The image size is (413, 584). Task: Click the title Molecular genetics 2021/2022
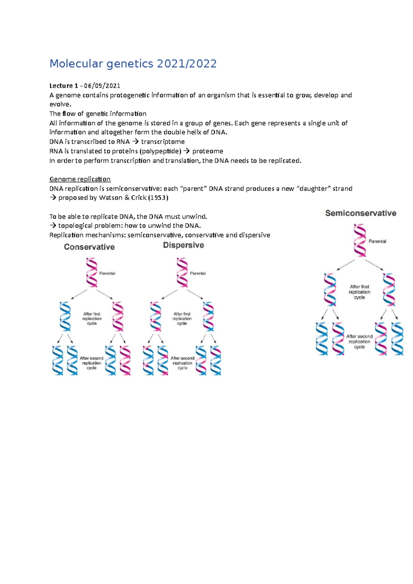(x=133, y=64)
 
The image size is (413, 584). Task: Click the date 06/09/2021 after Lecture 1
(x=100, y=86)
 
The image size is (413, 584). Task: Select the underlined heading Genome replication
(x=80, y=179)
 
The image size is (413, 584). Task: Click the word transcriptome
(x=163, y=142)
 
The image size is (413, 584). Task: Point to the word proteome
(x=208, y=151)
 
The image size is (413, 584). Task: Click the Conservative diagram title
(x=89, y=247)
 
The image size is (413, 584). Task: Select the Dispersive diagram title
(x=183, y=245)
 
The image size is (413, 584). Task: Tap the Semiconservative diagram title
(x=361, y=213)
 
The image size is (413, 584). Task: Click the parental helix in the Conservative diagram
(x=92, y=272)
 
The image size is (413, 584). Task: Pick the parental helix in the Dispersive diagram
(x=182, y=272)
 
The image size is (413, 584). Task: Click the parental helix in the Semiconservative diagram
(x=360, y=240)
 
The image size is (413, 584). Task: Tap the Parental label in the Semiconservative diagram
(x=377, y=241)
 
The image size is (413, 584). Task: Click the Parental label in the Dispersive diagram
(x=198, y=273)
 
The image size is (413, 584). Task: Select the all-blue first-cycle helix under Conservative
(x=65, y=316)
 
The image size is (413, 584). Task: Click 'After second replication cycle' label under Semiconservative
(x=359, y=342)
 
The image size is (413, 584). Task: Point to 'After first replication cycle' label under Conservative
(x=92, y=318)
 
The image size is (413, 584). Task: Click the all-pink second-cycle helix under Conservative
(x=125, y=360)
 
